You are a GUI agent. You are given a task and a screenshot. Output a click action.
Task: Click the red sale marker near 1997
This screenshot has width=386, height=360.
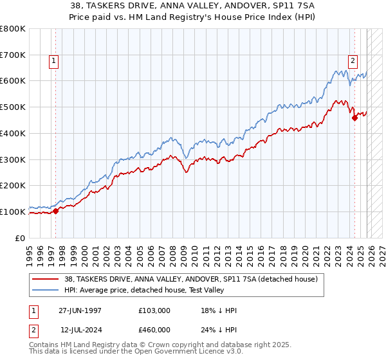[55, 210]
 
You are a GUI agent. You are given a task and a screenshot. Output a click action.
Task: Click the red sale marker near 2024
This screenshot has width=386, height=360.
[354, 117]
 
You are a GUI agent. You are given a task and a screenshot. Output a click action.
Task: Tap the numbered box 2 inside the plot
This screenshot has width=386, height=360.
[353, 61]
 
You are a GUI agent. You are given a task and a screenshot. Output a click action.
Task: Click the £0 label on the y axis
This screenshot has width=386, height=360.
[21, 238]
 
